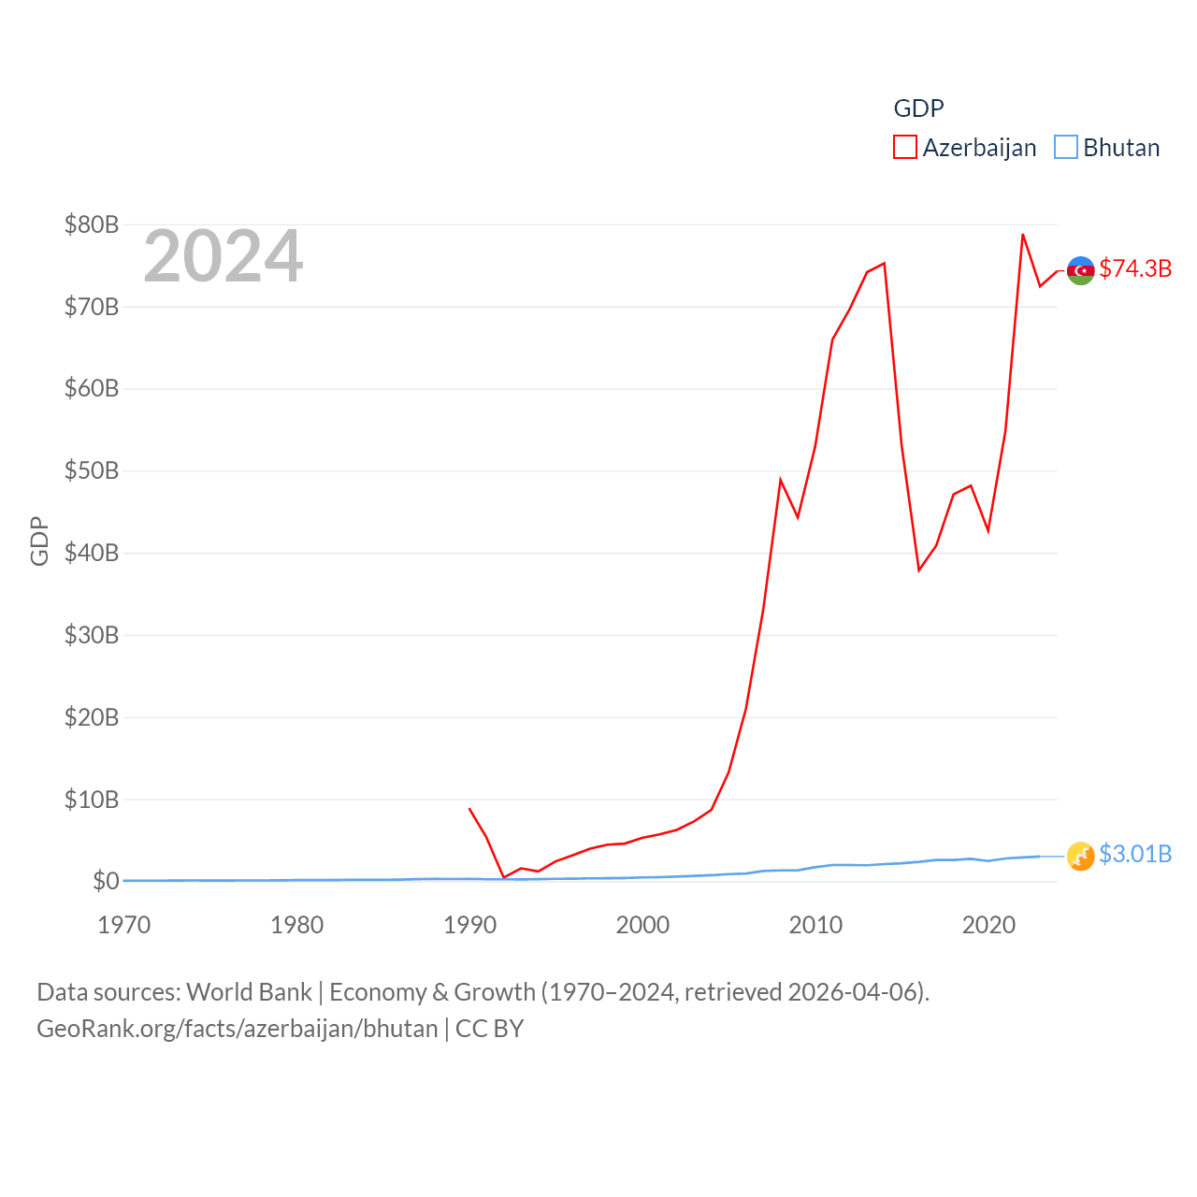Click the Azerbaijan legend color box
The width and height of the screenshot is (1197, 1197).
[904, 148]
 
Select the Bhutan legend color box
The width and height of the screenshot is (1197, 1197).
[1065, 148]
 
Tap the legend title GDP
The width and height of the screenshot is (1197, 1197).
[918, 108]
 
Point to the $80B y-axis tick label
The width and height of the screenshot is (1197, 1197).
[91, 224]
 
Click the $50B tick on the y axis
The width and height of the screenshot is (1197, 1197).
[91, 470]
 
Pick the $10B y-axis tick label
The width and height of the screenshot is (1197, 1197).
[91, 800]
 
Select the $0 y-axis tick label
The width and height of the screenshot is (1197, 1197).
[106, 881]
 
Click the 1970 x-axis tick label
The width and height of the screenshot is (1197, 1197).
[123, 925]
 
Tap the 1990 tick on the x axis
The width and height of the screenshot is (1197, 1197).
[469, 925]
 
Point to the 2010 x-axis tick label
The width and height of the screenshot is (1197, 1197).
[815, 925]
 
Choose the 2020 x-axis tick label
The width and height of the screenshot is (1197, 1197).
[988, 925]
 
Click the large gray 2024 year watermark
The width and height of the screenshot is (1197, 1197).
[223, 256]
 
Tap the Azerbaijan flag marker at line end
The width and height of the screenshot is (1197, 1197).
[1080, 270]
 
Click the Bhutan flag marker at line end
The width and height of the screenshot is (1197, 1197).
[1080, 856]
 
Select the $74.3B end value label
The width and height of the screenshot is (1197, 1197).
[1135, 268]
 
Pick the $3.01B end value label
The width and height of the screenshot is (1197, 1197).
[1135, 854]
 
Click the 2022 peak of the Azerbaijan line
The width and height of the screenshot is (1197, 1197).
[1023, 235]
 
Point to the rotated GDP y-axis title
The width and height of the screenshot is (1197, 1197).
[39, 541]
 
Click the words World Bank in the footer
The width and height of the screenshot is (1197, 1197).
[249, 991]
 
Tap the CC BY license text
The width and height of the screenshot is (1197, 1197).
[489, 1029]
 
